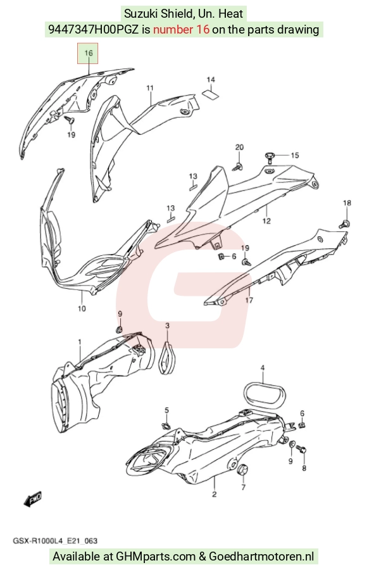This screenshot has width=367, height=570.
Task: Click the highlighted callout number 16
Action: (x=89, y=53)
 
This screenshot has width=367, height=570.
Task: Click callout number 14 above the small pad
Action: (x=211, y=80)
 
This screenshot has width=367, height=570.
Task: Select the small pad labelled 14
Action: (x=211, y=94)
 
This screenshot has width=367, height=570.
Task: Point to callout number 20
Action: (x=239, y=147)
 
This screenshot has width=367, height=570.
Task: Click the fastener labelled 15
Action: (x=270, y=156)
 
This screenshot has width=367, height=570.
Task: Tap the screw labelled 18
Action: (x=345, y=224)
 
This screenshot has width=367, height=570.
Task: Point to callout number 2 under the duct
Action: (x=214, y=494)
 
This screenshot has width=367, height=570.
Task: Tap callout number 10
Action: (x=82, y=308)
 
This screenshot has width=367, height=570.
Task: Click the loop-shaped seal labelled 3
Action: (x=167, y=357)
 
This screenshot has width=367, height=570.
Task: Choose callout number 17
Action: (x=249, y=300)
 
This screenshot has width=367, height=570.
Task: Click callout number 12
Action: (x=266, y=220)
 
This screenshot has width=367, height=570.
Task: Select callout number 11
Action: (x=150, y=88)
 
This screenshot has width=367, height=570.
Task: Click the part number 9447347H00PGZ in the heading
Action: (x=93, y=29)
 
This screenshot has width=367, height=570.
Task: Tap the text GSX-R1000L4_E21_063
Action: (x=55, y=541)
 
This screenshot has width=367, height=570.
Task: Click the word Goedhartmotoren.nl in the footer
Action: (x=261, y=557)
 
